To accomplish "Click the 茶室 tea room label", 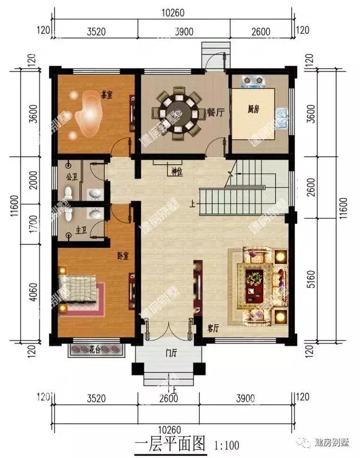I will click(x=106, y=94).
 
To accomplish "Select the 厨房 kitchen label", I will click(x=254, y=109).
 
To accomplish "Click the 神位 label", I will click(x=176, y=170).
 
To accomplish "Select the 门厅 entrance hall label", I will click(x=170, y=353).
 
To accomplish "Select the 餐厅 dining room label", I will click(x=215, y=113).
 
